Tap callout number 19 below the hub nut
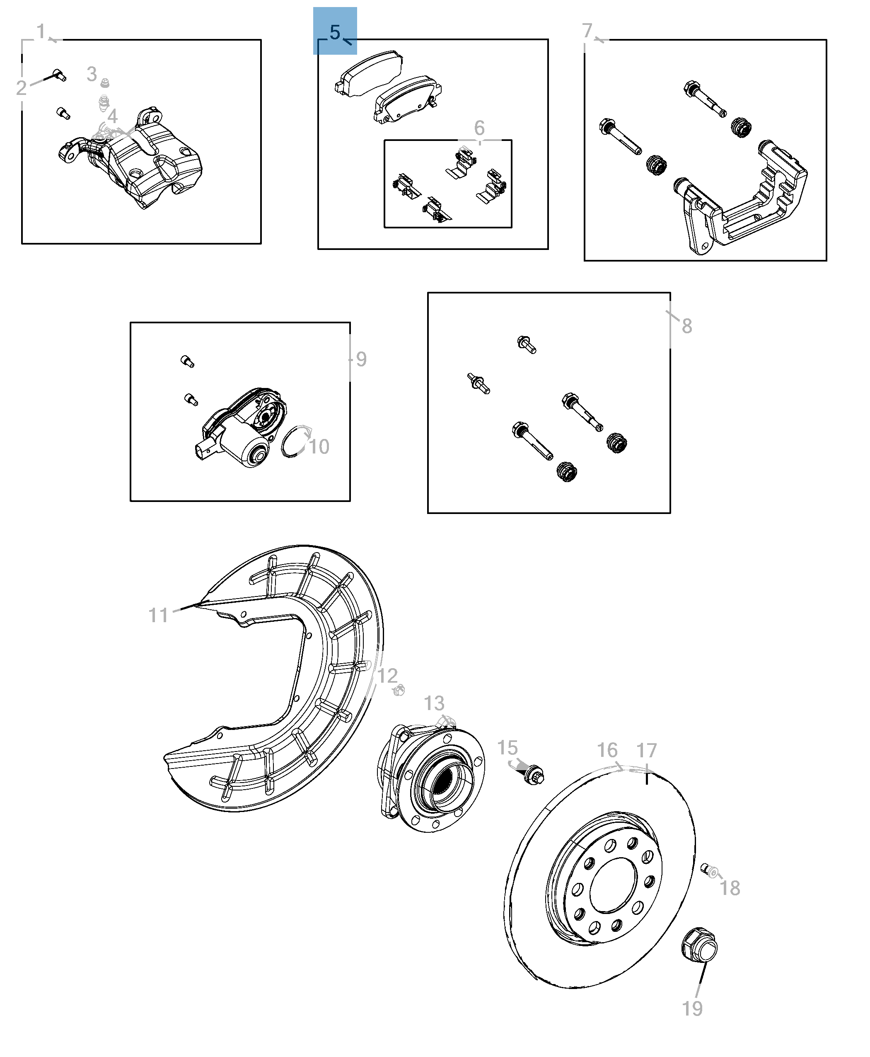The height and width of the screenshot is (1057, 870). point(692,1009)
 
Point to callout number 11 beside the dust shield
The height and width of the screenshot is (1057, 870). point(158,615)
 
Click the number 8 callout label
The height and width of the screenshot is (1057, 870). point(687,326)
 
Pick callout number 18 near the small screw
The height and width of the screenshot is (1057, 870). point(730,888)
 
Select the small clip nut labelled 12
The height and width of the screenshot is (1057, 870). point(399,691)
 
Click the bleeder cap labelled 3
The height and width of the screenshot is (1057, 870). point(105,83)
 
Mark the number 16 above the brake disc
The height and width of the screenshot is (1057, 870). point(607,751)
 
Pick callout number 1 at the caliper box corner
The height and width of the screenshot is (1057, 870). point(41,31)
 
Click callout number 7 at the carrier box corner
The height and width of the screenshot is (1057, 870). point(587,31)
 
